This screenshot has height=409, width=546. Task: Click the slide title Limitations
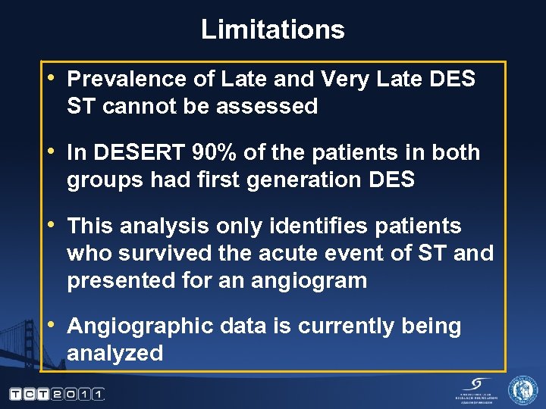(273, 30)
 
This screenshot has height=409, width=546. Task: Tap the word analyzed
(115, 354)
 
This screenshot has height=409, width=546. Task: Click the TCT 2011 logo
(57, 394)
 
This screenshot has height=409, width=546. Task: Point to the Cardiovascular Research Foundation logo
(475, 389)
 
